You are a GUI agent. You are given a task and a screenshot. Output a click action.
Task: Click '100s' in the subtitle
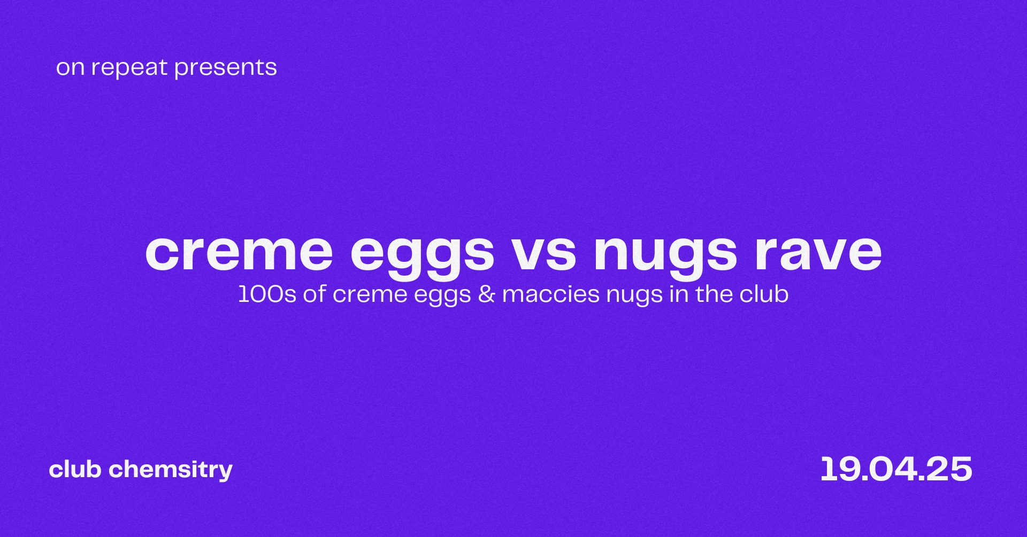[x=267, y=294]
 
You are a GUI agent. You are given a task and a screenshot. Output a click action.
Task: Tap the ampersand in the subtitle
[x=487, y=294]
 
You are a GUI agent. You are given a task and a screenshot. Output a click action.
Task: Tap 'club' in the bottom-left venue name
[x=75, y=470]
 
